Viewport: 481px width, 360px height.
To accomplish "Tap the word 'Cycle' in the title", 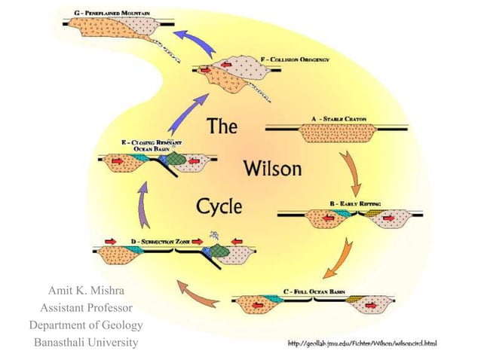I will click(x=224, y=205).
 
